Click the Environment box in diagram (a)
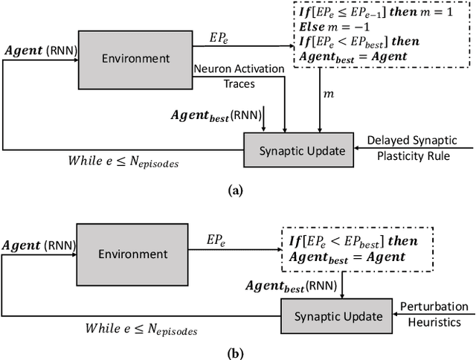point(136,58)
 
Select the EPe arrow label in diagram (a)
point(221,35)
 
